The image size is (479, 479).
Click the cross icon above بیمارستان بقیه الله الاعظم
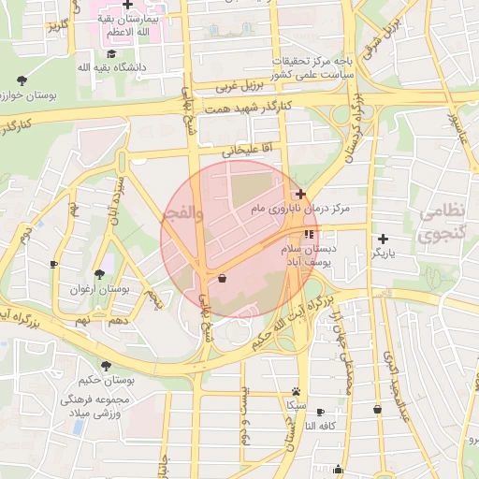(x=127, y=5)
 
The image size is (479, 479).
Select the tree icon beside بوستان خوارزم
(x=22, y=80)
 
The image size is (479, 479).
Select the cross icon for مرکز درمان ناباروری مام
(x=300, y=194)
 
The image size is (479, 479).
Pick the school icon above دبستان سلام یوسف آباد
(x=309, y=234)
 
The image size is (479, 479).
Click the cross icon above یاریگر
(x=383, y=239)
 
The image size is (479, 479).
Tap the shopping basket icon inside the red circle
(x=222, y=278)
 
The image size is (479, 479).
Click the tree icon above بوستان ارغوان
(x=99, y=274)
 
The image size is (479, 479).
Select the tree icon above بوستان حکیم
(x=105, y=364)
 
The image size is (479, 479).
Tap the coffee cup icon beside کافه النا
(x=321, y=412)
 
